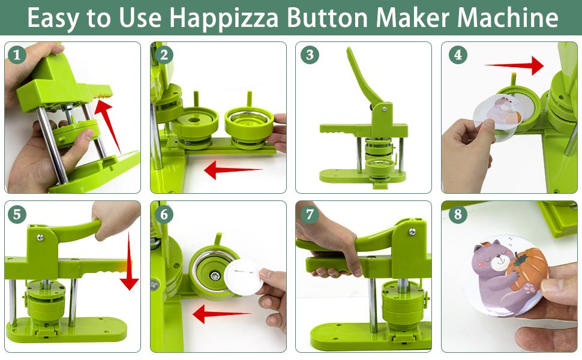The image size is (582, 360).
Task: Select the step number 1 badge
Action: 17,55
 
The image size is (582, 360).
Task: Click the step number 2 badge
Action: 163,55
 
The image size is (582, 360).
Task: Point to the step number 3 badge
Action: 309,55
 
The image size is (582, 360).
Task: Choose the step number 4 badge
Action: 458,55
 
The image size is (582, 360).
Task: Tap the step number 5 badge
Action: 17,214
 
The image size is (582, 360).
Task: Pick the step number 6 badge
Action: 163,214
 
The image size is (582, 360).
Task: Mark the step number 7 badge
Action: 309,214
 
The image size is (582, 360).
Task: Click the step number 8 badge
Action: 458,214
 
